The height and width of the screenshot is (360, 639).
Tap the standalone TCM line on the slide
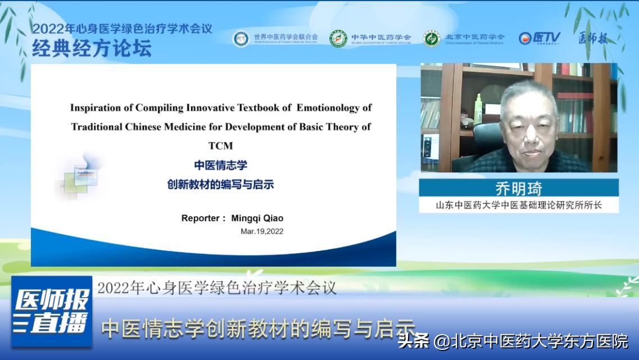tap(220, 145)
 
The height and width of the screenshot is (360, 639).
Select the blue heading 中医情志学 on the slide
tap(220, 165)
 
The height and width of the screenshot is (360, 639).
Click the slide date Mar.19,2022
tap(262, 231)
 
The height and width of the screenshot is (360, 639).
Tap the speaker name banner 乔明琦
tap(518, 188)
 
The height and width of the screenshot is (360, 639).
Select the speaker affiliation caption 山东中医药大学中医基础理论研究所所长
tap(518, 205)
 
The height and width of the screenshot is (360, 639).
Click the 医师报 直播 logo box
tap(52, 311)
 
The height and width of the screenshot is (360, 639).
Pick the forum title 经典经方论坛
tap(92, 49)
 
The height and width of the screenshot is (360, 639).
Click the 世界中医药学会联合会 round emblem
tap(241, 38)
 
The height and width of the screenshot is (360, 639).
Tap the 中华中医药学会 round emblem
tap(338, 38)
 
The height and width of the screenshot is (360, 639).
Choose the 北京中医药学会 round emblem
tap(432, 38)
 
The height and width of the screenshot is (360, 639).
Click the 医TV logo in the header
tap(539, 38)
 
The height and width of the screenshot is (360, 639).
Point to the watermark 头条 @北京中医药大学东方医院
tap(513, 341)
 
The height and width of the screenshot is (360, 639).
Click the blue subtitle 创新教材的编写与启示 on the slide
tap(220, 184)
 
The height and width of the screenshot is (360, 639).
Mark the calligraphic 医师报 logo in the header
tap(593, 38)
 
